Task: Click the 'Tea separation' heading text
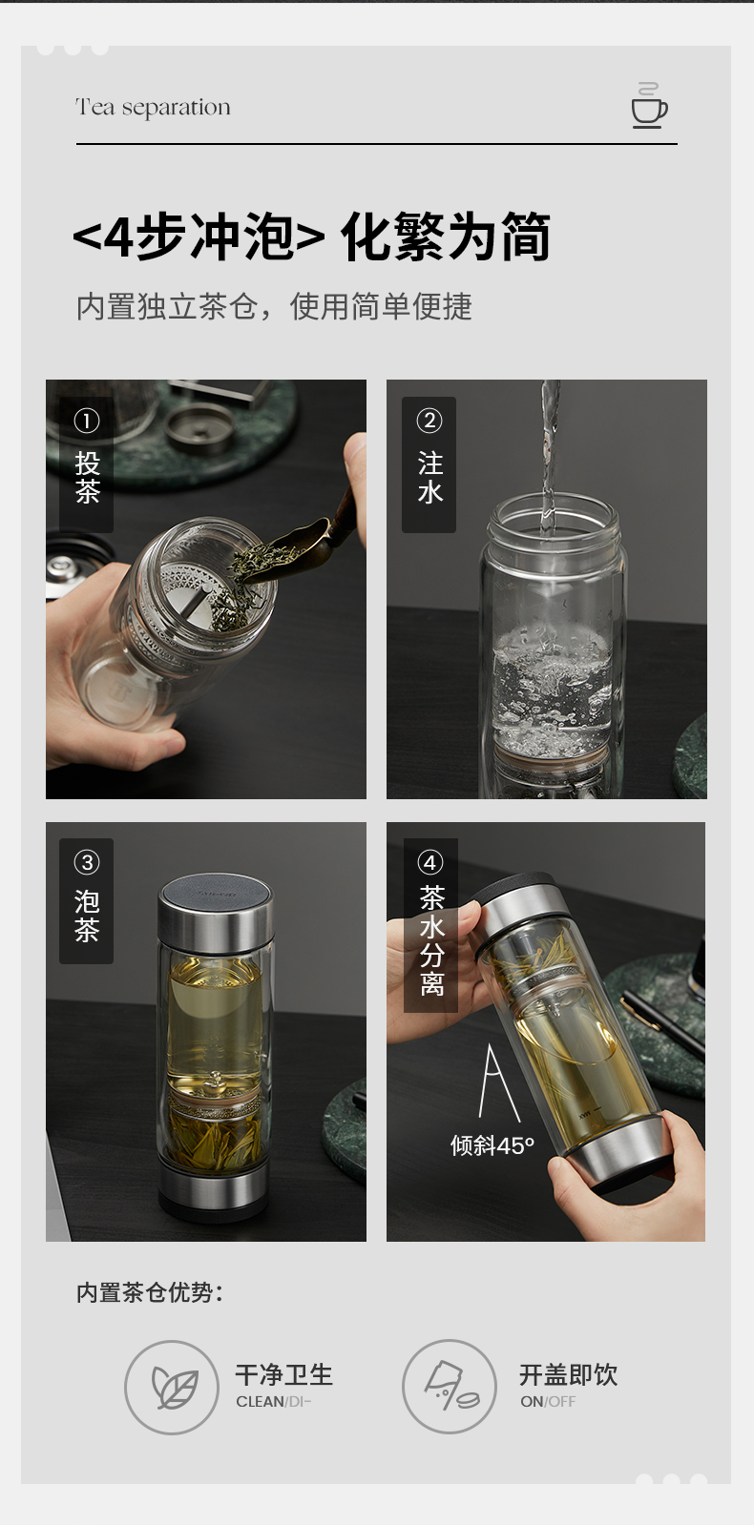pos(154,108)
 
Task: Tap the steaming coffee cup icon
pos(648,106)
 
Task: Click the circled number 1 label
pos(87,421)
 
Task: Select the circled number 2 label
pos(429,421)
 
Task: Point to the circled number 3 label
pos(87,862)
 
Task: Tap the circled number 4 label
pos(429,862)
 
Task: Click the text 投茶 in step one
pos(87,477)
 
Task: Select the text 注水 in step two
pos(429,477)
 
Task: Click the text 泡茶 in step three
pos(87,916)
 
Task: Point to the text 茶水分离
pos(431,940)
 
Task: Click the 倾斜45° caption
pos(492,1145)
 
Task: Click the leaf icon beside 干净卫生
pos(174,1388)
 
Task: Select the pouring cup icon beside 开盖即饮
pos(450,1386)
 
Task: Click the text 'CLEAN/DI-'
pos(273,1402)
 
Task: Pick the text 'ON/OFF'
pos(548,1402)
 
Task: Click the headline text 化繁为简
pos(445,237)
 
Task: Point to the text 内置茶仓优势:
pos(150,1292)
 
